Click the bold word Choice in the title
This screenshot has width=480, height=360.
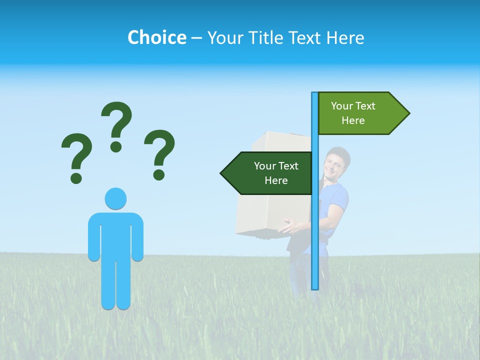(156, 37)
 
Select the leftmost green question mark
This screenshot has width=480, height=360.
(76, 150)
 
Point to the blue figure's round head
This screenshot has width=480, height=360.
(115, 199)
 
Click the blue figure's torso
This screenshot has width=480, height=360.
(115, 235)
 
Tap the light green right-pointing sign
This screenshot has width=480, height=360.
(357, 113)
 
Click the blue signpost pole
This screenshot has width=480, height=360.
(314, 225)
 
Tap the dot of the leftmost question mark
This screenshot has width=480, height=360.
(76, 177)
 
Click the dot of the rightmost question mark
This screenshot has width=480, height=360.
(159, 174)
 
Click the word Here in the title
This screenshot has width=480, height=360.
(345, 37)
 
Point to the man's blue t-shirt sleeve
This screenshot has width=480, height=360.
(340, 197)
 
